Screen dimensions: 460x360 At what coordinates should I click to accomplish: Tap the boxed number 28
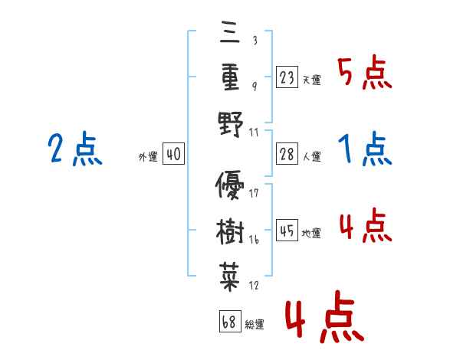pos(287,152)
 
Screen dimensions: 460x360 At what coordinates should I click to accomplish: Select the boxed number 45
pos(287,231)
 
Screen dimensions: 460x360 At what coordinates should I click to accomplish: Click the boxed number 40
pos(173,154)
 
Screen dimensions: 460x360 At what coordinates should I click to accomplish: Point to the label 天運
pos(311,80)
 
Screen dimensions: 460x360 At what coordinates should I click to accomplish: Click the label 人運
pos(311,156)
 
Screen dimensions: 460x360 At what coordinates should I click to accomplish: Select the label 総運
pos(255,323)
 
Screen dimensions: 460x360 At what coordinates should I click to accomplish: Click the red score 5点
pos(364,74)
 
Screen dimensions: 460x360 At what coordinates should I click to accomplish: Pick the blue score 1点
pos(364,149)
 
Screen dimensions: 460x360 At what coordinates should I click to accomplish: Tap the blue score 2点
pos(76,149)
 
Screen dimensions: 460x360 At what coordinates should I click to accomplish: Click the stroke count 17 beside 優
pos(255,193)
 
